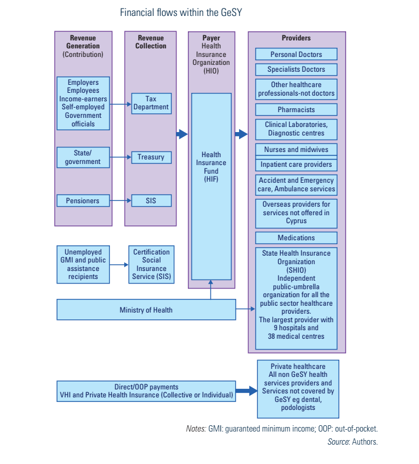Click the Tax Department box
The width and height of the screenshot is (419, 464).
[151, 103]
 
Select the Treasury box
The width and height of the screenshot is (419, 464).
[151, 157]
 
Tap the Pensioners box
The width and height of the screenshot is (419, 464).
[83, 200]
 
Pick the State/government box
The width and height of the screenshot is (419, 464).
[83, 158]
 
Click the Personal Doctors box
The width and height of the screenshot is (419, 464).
[296, 55]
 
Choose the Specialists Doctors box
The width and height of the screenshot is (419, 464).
[296, 69]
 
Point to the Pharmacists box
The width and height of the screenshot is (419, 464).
[296, 109]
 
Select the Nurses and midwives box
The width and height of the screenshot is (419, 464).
[296, 150]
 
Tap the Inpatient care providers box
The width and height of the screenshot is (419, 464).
[296, 165]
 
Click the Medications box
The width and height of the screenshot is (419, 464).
[296, 237]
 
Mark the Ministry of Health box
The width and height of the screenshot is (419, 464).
[146, 310]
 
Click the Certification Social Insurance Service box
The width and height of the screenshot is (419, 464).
[151, 264]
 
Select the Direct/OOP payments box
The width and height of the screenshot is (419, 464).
[146, 391]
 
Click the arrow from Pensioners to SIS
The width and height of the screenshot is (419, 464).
[121, 200]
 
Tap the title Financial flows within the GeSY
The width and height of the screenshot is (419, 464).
[181, 12]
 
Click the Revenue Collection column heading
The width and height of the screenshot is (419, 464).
[151, 42]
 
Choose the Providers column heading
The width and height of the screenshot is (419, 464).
[296, 38]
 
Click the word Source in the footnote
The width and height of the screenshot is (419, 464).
[338, 441]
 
